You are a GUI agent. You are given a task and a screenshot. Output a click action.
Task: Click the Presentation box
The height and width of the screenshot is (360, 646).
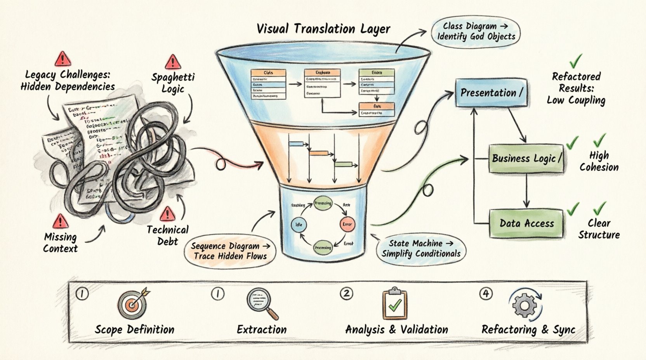pos(491,93)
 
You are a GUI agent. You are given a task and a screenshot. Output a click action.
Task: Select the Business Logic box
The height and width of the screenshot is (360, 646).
pos(526,158)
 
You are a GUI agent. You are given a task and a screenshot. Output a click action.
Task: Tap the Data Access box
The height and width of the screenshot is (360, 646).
pos(526,223)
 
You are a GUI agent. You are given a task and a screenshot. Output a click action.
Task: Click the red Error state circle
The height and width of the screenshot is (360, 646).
pos(347,225)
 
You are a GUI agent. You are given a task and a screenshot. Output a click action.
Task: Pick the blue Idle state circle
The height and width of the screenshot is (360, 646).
pos(299,225)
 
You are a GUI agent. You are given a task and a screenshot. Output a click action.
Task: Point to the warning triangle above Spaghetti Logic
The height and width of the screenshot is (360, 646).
pos(172,62)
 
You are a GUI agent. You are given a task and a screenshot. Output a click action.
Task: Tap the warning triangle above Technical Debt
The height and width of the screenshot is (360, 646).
pos(167,214)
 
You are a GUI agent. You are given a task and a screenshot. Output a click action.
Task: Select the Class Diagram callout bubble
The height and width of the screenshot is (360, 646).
pos(476,32)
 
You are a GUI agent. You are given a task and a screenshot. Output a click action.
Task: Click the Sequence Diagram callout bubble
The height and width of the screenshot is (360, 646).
pos(230,251)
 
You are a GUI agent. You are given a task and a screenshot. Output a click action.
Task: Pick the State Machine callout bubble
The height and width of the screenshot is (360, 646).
pos(421,249)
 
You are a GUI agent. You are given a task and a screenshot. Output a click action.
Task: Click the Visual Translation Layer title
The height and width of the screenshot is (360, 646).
pos(323,29)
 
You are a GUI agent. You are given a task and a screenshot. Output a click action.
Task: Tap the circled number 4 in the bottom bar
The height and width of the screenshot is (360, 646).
pos(485,294)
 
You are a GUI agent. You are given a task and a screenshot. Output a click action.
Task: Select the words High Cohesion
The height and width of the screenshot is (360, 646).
pos(599,161)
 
